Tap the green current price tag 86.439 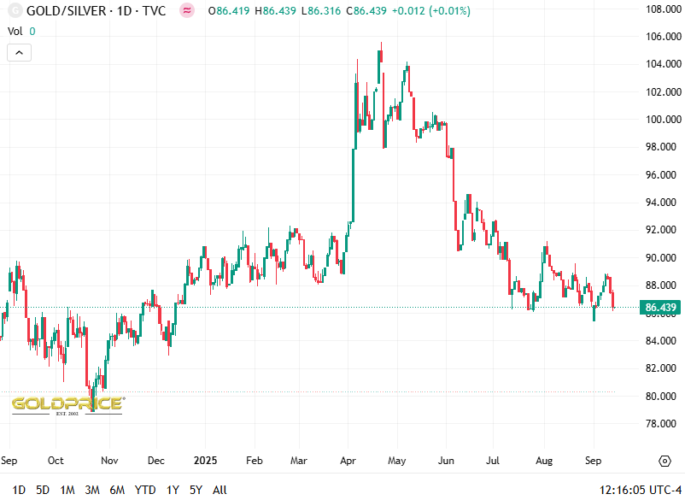(661, 308)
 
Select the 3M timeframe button (92, 490)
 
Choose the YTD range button (145, 490)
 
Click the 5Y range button (196, 490)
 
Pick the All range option (220, 490)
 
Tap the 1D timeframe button (19, 490)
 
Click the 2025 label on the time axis (206, 461)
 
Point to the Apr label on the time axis (348, 461)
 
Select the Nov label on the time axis (109, 461)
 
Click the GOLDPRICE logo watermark (67, 403)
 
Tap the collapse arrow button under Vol (19, 52)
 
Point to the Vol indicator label (15, 31)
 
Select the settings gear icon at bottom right (665, 461)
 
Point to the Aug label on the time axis (544, 461)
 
